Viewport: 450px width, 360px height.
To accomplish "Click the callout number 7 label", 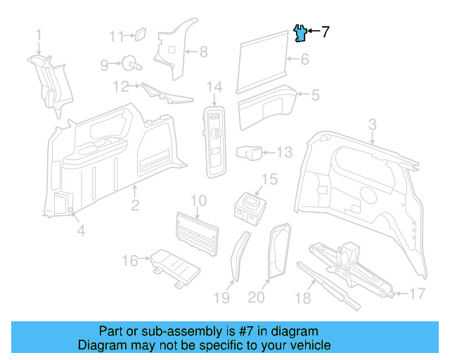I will point(325,32).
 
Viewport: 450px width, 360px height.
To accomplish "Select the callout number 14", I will point(214,87).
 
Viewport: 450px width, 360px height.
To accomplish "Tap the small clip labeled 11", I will point(139,32).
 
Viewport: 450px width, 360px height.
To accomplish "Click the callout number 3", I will point(373,124).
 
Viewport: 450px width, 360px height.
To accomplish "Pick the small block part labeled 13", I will point(252,152).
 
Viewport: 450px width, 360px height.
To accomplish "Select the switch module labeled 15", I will point(250,206).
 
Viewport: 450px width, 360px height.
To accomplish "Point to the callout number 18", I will point(303,298).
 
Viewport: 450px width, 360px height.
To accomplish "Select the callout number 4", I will point(81,230).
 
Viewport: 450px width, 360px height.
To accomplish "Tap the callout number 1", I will point(39,34).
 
